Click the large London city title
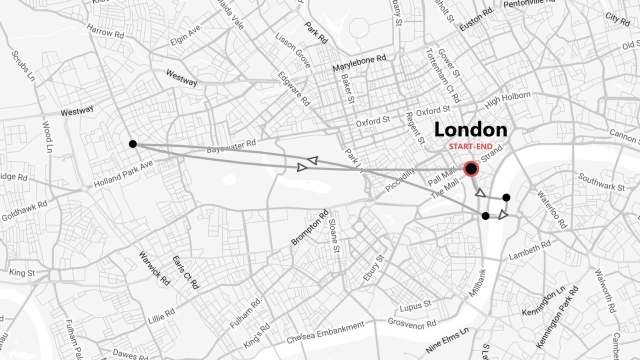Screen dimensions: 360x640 pyautogui.click(x=470, y=130)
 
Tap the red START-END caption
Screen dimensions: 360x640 pyautogui.click(x=470, y=147)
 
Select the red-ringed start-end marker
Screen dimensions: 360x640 pyautogui.click(x=471, y=169)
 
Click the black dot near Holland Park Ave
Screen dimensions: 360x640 pyautogui.click(x=132, y=144)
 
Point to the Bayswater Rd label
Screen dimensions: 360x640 pyautogui.click(x=231, y=146)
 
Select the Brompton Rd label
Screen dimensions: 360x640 pyautogui.click(x=309, y=227)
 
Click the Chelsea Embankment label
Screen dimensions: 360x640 pyautogui.click(x=325, y=332)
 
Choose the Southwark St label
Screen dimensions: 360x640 pyautogui.click(x=601, y=182)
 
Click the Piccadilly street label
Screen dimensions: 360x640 pyautogui.click(x=400, y=180)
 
